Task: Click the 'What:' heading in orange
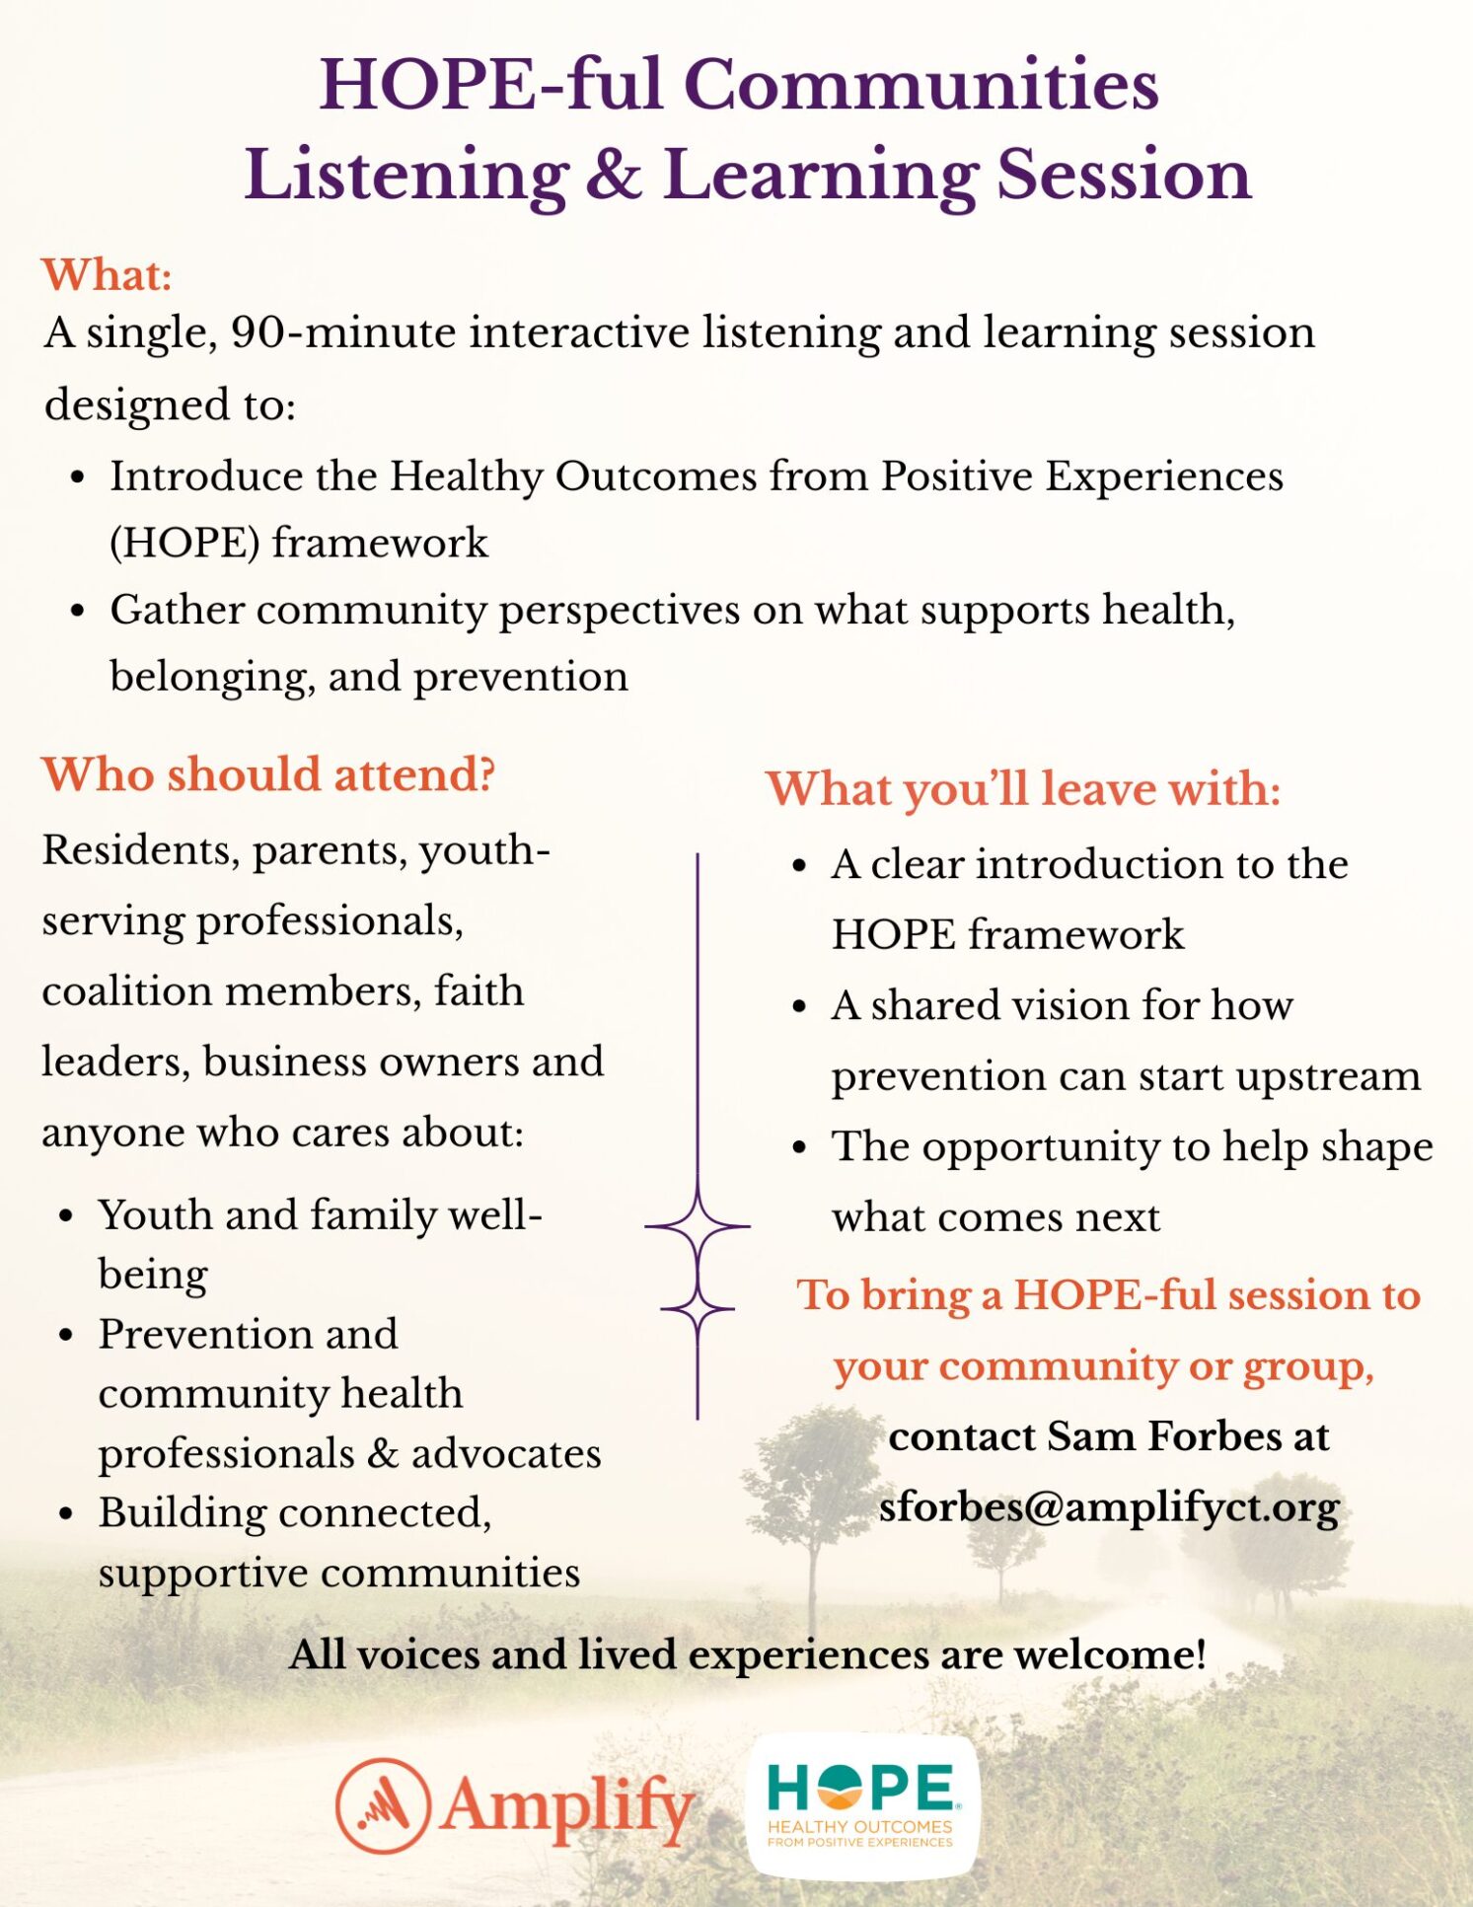click(107, 274)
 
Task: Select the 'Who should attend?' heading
click(268, 774)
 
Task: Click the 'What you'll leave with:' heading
click(1023, 789)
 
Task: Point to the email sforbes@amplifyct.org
click(1109, 1507)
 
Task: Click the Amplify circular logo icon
click(383, 1805)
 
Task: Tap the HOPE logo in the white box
click(862, 1804)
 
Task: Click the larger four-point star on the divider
click(698, 1226)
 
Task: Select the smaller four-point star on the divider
click(698, 1309)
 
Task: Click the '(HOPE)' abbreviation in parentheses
click(184, 544)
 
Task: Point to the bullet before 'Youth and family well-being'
click(66, 1215)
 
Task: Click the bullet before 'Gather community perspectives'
click(78, 611)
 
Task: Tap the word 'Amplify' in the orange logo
click(567, 1807)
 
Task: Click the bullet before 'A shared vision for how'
click(800, 1006)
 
